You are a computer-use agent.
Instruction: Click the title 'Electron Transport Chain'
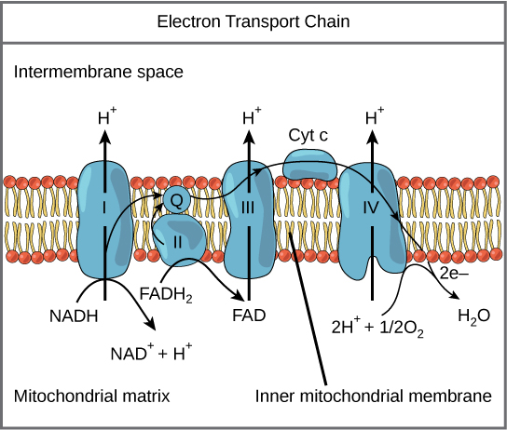pos(253,20)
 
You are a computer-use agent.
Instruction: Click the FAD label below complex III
pos(248,315)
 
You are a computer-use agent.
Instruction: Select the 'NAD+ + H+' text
pos(152,354)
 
